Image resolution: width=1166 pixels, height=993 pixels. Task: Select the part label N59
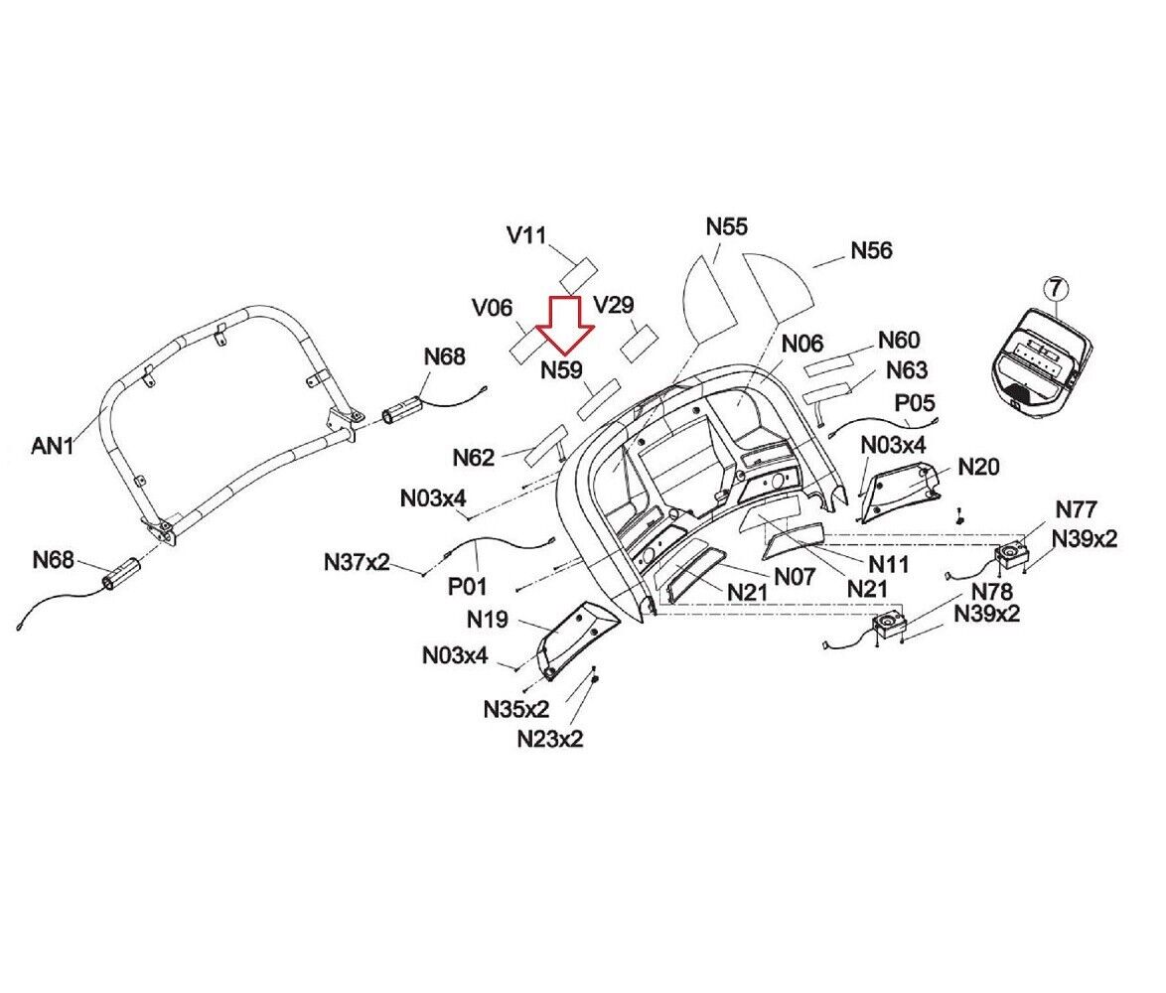pyautogui.click(x=561, y=369)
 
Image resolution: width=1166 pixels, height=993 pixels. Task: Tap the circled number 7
pyautogui.click(x=1056, y=289)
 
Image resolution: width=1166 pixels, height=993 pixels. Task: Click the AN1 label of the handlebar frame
pyautogui.click(x=53, y=445)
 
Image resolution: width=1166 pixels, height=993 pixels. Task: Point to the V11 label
pyautogui.click(x=526, y=235)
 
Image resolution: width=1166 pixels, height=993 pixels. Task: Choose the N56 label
pyautogui.click(x=872, y=250)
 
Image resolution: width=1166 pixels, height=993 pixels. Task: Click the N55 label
pyautogui.click(x=727, y=226)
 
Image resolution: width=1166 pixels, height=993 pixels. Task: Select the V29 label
pyautogui.click(x=614, y=305)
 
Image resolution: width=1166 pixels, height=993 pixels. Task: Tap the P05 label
pyautogui.click(x=915, y=403)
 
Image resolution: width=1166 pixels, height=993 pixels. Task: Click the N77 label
pyautogui.click(x=1076, y=509)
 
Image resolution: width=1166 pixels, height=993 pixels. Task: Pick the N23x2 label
pyautogui.click(x=550, y=739)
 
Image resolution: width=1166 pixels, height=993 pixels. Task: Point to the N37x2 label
pyautogui.click(x=357, y=562)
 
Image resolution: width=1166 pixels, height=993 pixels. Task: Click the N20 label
pyautogui.click(x=978, y=467)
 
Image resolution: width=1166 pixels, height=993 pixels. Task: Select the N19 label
pyautogui.click(x=488, y=619)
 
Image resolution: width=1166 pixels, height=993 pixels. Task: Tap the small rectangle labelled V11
pyautogui.click(x=578, y=276)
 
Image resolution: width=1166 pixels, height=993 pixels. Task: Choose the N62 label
pyautogui.click(x=474, y=458)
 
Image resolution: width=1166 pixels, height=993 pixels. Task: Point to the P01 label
pyautogui.click(x=467, y=587)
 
